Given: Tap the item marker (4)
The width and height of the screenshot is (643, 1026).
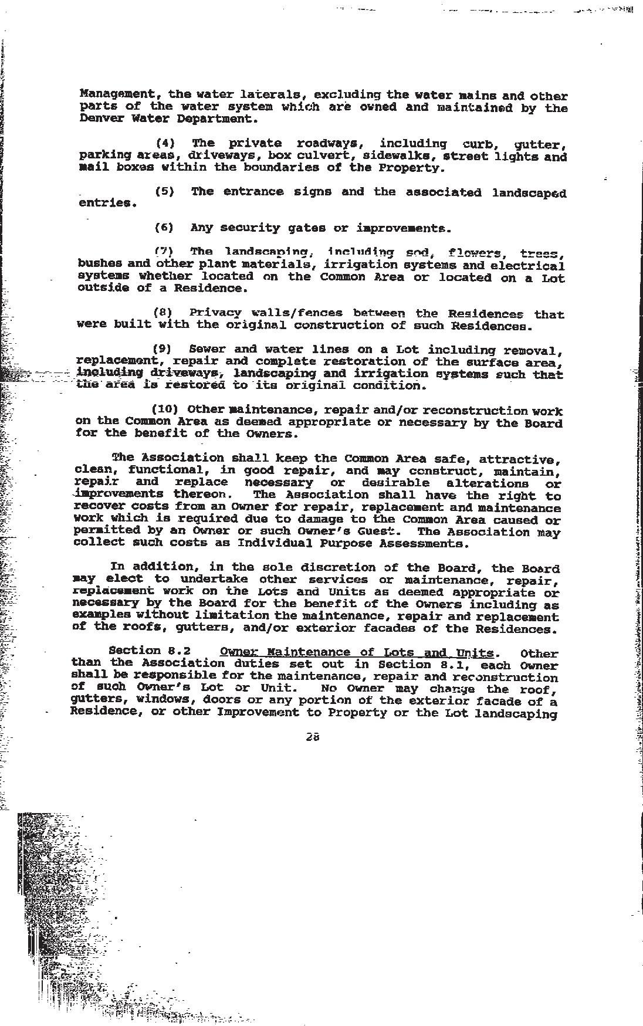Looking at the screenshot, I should click(165, 143).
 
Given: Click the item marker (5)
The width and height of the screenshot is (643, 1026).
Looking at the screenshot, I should click(164, 192).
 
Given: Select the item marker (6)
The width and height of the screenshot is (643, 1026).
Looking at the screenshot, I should click(164, 228).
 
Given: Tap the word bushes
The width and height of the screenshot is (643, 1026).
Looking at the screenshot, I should click(99, 263).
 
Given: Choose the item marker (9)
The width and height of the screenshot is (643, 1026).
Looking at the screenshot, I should click(162, 349).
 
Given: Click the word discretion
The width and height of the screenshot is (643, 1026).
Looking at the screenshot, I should click(337, 567).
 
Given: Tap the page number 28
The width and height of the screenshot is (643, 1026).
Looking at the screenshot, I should click(312, 737).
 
